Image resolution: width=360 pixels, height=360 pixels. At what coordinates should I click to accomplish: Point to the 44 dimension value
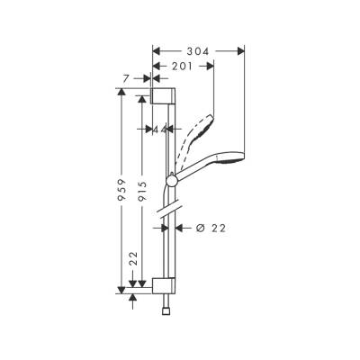pyautogui.click(x=160, y=130)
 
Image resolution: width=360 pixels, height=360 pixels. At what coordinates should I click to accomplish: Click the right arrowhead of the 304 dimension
pyautogui.click(x=242, y=52)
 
